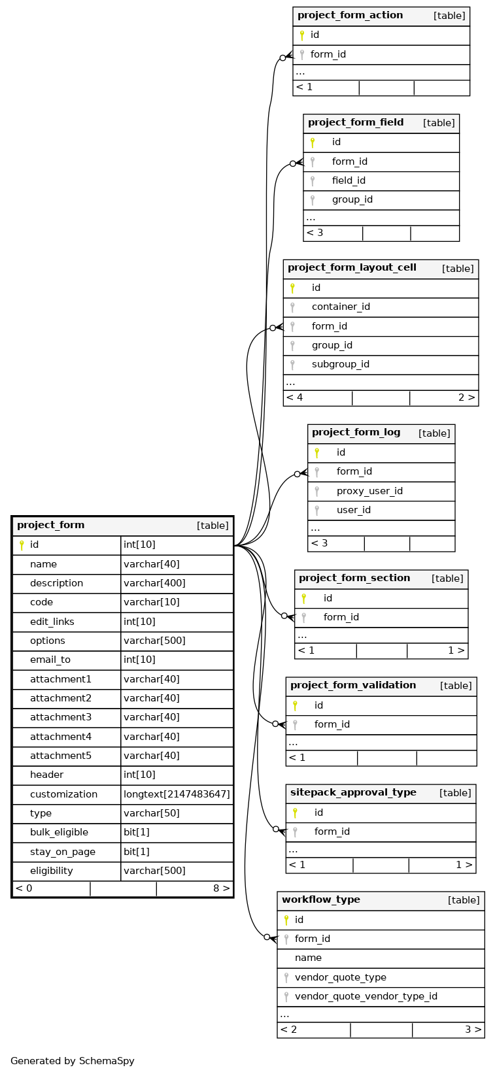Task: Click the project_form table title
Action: pos(51,526)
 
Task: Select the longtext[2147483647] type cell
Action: pos(177,794)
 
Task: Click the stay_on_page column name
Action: pos(63,852)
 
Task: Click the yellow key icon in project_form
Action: pos(21,545)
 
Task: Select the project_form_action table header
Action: pos(350,16)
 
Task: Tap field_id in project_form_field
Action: pos(349,180)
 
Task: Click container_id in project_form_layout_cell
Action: pos(341,307)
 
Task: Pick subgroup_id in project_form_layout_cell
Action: pos(341,364)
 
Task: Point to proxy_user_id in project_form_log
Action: pos(369,491)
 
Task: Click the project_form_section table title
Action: pos(354,579)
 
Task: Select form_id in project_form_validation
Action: pos(332,724)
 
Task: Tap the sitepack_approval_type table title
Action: pos(353,793)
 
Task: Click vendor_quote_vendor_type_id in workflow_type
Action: pos(366,996)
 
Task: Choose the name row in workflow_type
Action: pos(308,958)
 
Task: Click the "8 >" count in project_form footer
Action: pos(222,888)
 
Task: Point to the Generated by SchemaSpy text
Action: pos(73,1061)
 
